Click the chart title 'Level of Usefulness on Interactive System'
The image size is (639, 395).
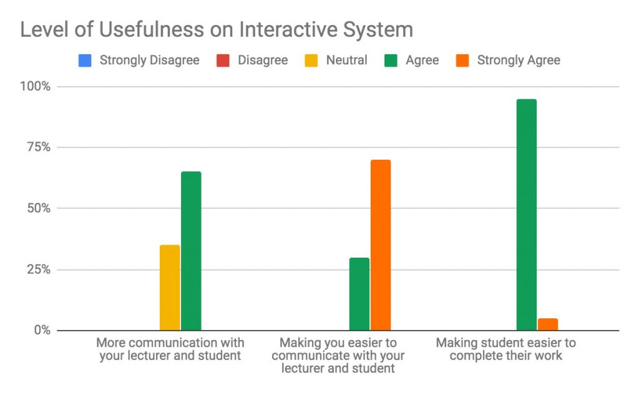pos(217,29)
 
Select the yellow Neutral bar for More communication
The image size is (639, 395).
pos(170,288)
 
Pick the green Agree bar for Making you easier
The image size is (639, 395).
pos(359,294)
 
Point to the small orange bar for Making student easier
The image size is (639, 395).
pos(548,324)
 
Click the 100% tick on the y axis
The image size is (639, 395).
pos(36,86)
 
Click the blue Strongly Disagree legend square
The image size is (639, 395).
pos(85,61)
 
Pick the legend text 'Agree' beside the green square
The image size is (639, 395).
pos(422,61)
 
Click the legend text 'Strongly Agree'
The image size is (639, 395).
pos(519,61)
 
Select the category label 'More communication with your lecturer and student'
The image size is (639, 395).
pos(170,349)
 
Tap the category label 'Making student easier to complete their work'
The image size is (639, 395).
pos(506,349)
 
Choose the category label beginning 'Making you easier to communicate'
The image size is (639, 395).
pos(338,356)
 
